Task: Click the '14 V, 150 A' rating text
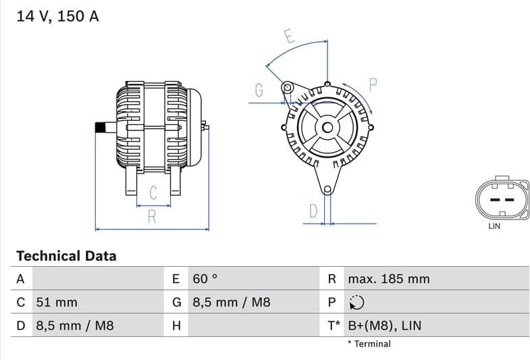click(57, 17)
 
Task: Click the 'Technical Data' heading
click(66, 256)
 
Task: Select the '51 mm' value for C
click(57, 302)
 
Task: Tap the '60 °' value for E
click(205, 279)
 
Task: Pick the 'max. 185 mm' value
click(388, 279)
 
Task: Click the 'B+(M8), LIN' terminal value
click(384, 326)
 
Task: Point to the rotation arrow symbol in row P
click(357, 303)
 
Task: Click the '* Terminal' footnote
click(369, 344)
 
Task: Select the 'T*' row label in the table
click(334, 326)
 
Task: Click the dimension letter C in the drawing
click(153, 192)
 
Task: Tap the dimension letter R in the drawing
click(152, 217)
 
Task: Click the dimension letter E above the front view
click(288, 37)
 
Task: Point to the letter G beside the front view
click(259, 90)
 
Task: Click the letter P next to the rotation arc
click(373, 84)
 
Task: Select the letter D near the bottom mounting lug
click(313, 211)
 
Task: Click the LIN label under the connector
click(494, 226)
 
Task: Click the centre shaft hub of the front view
click(327, 127)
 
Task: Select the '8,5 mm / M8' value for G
click(232, 302)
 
